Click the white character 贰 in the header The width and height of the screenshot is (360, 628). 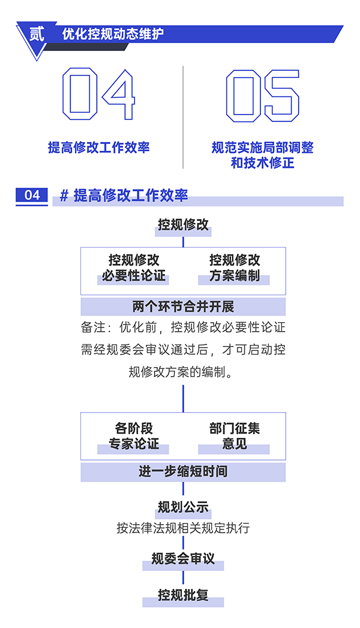coord(37,34)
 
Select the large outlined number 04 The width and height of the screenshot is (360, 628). coord(98,95)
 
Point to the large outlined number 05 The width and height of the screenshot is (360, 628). coord(262,95)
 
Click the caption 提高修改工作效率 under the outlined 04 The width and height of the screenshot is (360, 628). coord(98,148)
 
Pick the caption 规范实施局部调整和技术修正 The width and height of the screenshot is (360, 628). coord(262,155)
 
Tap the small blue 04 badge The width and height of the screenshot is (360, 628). coord(32,196)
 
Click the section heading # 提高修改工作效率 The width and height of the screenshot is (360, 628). coord(124,196)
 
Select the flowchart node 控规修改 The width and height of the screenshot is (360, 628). coord(183,225)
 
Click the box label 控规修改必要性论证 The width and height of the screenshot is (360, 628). coord(134,268)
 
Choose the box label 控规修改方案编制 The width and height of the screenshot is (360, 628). coord(235,268)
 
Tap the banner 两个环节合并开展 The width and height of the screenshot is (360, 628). coord(183,307)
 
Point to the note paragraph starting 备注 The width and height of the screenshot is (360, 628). coord(183,350)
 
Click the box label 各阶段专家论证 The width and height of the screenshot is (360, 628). coord(134,436)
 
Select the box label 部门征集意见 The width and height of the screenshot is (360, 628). coord(235,436)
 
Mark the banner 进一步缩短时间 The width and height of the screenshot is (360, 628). coord(183,471)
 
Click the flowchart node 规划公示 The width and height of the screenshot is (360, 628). coord(183,507)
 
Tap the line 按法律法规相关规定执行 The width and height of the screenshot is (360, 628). coord(183,528)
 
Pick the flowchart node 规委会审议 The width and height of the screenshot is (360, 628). coord(183,559)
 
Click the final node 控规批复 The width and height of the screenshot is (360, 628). coord(183,595)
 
